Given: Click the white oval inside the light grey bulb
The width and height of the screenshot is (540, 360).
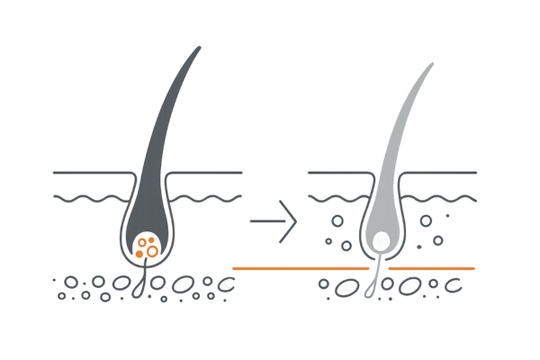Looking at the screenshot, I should pyautogui.click(x=380, y=240).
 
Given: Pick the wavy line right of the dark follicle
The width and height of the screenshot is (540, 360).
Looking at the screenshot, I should pyautogui.click(x=207, y=196).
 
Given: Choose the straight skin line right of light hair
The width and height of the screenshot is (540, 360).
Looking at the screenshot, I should pyautogui.click(x=441, y=170).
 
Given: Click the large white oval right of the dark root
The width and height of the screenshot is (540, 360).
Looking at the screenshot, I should pyautogui.click(x=184, y=284).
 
